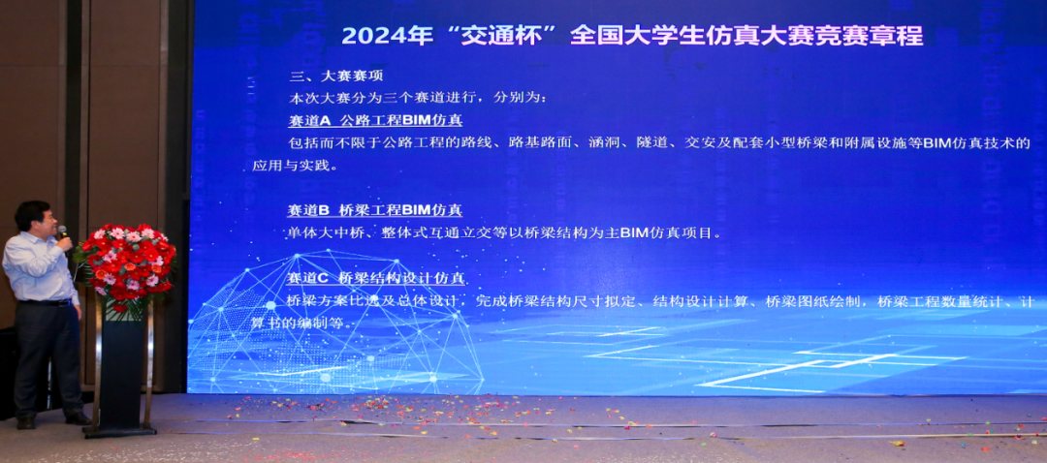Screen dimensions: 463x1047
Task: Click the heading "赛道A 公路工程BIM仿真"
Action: click(375, 121)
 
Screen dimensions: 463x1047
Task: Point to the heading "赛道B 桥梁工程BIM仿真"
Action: click(375, 210)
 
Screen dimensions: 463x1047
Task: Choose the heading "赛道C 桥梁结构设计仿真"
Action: click(377, 278)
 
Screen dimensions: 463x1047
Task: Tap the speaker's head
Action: click(33, 217)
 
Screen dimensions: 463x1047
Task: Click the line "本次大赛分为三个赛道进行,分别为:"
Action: click(418, 99)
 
